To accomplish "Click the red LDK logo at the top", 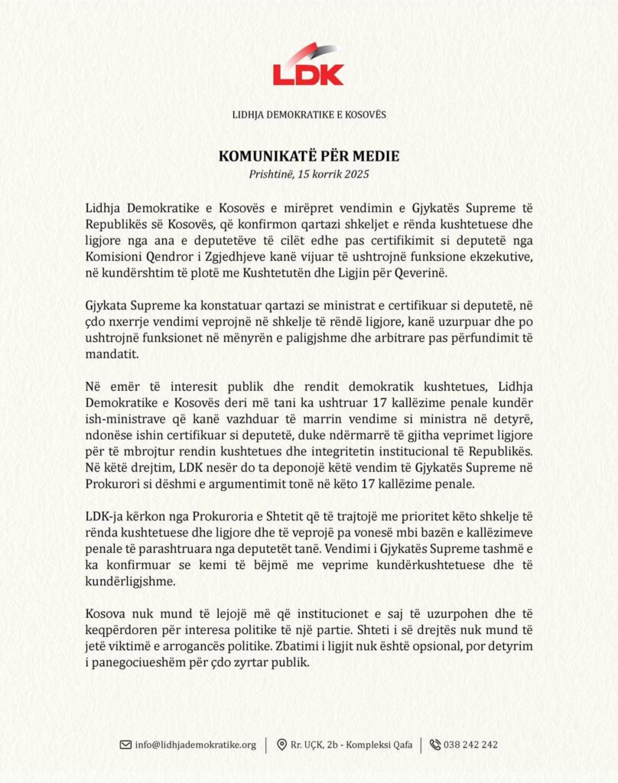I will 309,66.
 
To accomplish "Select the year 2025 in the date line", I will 356,174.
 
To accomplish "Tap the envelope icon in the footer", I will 125,744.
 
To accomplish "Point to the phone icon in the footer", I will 435,744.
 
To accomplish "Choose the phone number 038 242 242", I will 472,745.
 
